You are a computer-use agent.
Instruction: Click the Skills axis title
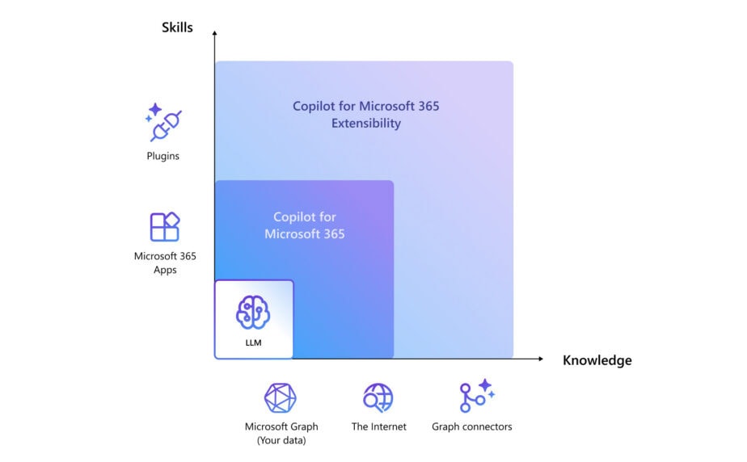[x=177, y=27]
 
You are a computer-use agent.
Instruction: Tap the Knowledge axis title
[x=597, y=360]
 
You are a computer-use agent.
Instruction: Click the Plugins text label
[x=163, y=156]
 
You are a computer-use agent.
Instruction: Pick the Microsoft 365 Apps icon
[x=164, y=227]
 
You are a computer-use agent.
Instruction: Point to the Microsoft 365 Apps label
[x=165, y=262]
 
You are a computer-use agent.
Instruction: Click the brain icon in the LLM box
[x=253, y=312]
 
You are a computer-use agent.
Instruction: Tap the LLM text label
[x=254, y=342]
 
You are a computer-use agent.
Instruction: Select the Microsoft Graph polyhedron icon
[x=281, y=397]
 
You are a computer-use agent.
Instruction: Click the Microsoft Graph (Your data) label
[x=281, y=433]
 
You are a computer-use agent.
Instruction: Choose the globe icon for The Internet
[x=378, y=397]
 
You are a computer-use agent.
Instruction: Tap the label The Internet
[x=378, y=426]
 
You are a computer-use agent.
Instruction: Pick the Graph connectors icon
[x=475, y=397]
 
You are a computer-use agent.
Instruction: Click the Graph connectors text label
[x=472, y=426]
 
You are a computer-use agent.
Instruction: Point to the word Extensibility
[x=365, y=124]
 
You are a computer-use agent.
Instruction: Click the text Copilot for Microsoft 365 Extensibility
[x=365, y=115]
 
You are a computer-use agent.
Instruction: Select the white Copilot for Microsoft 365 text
[x=304, y=225]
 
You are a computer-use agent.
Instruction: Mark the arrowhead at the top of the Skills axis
[x=214, y=33]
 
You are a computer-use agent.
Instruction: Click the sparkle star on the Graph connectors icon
[x=485, y=385]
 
